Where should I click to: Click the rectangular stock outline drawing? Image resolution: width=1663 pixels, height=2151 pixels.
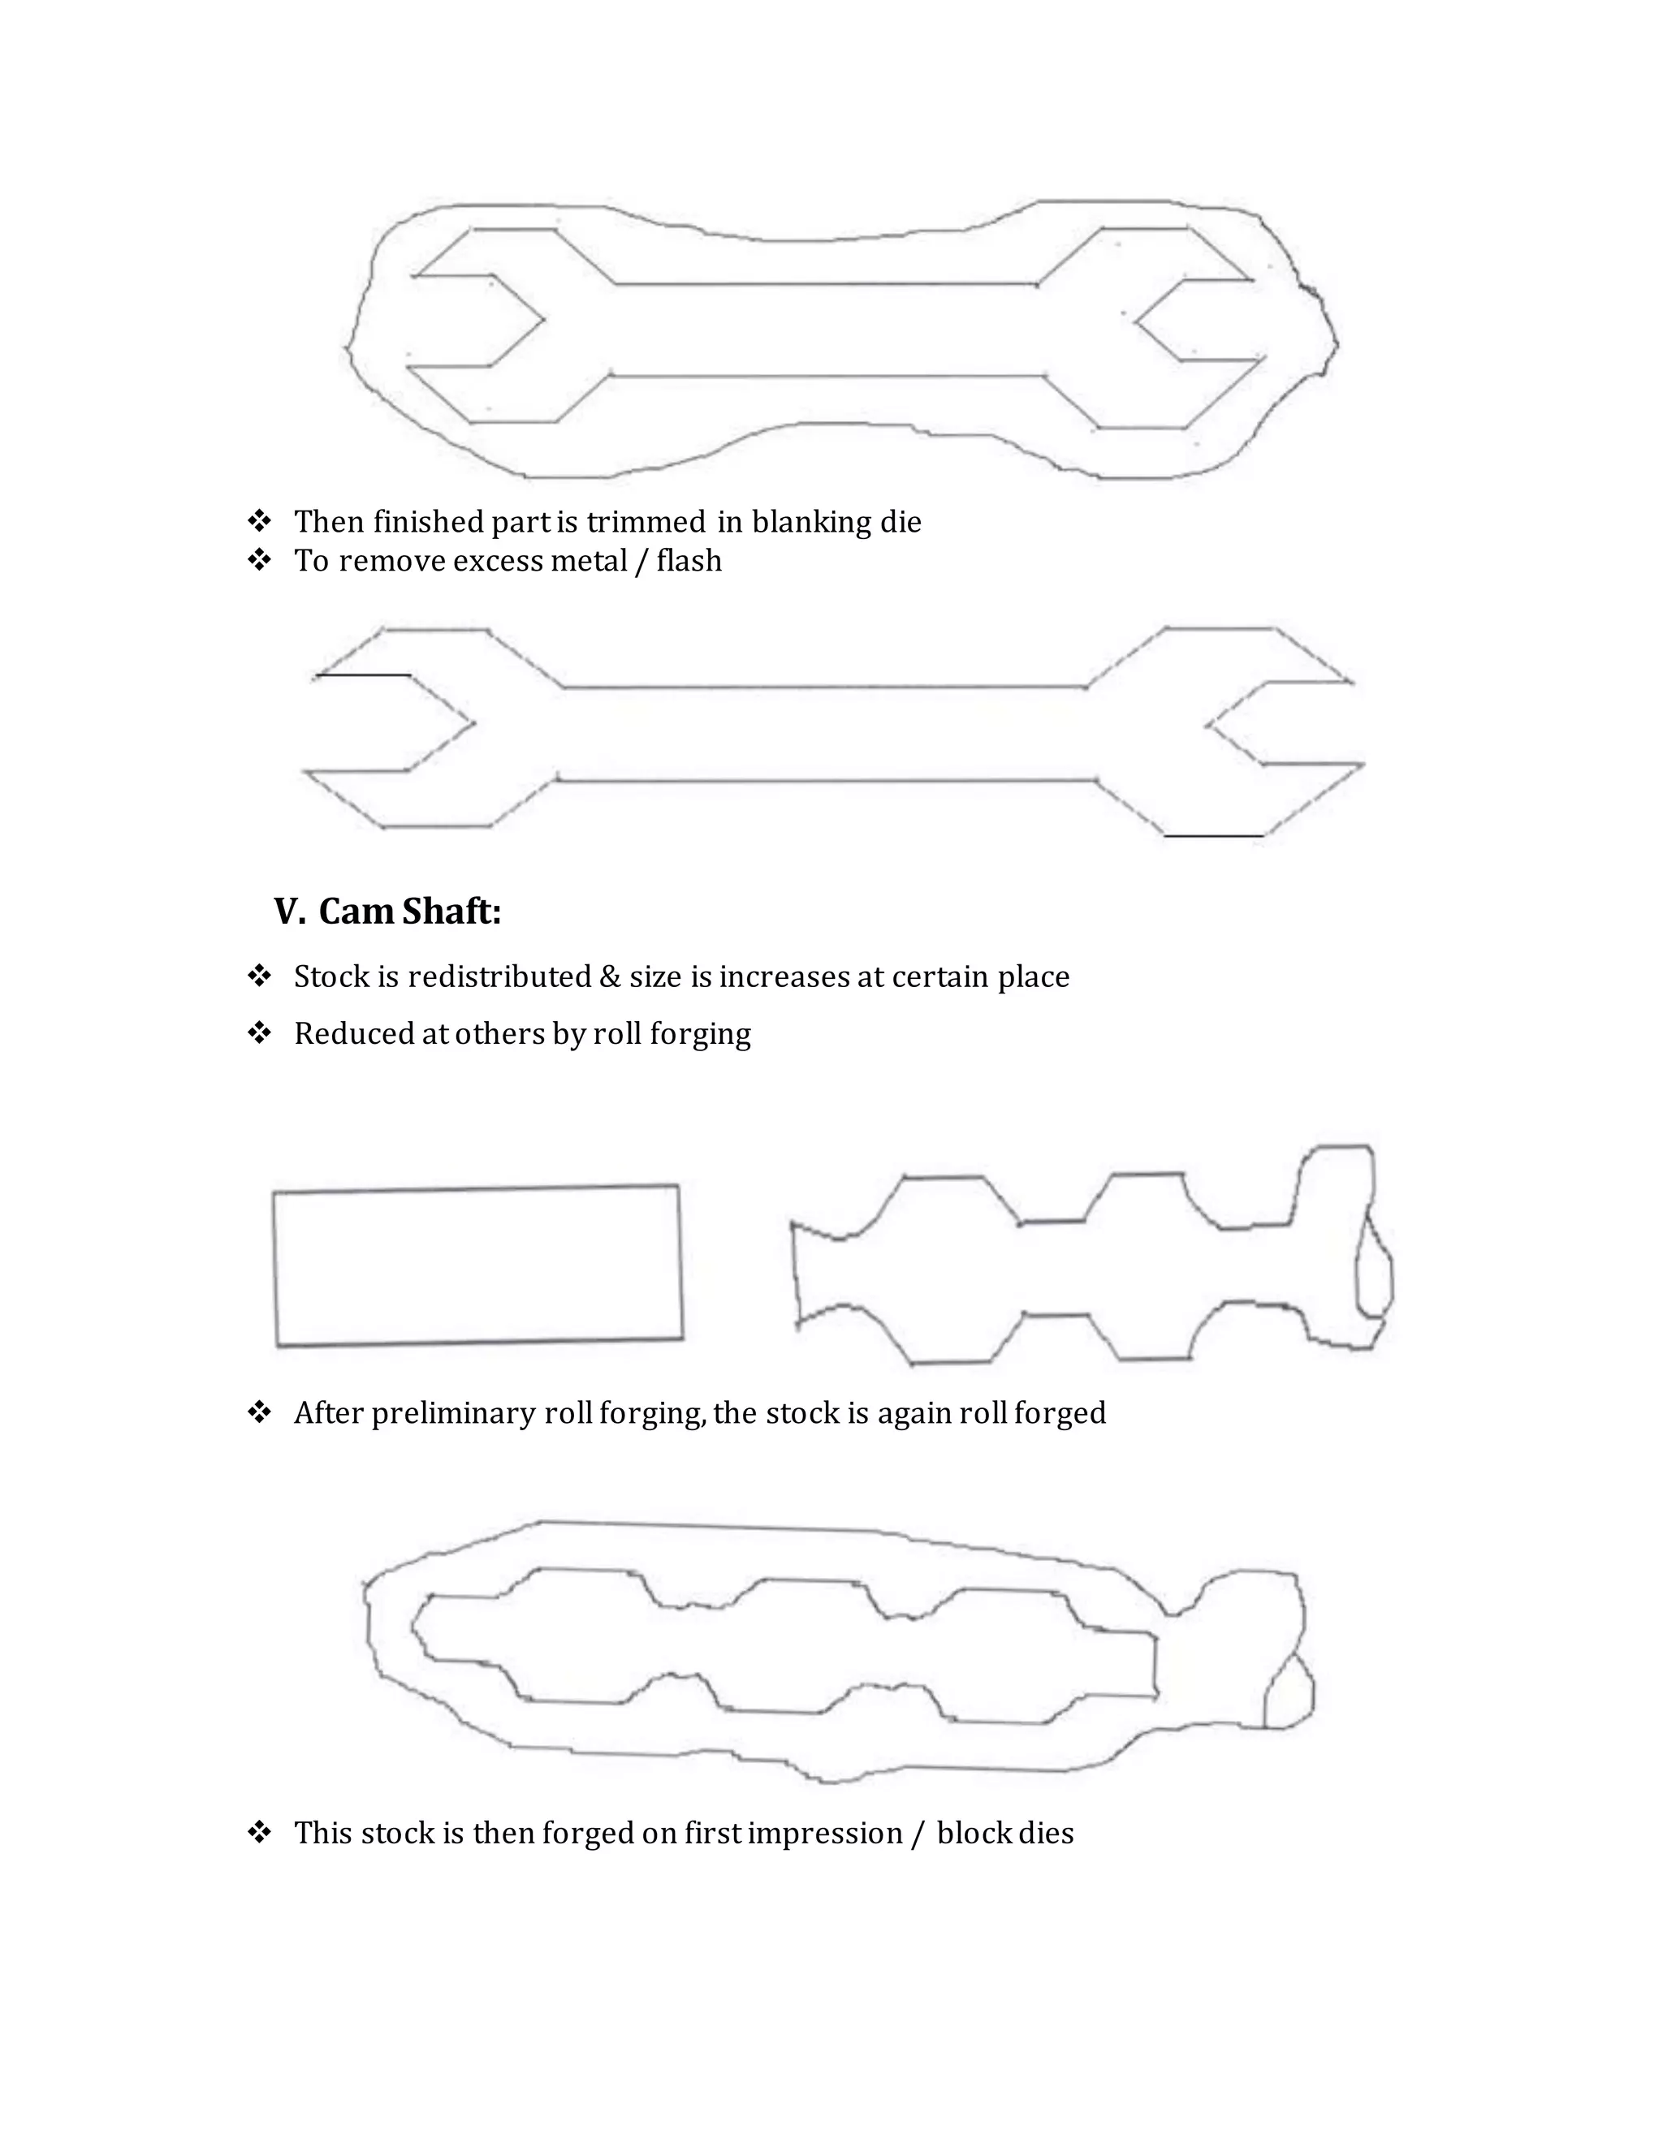tap(477, 1265)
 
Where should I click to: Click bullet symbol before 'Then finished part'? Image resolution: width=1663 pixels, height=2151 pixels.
tap(259, 520)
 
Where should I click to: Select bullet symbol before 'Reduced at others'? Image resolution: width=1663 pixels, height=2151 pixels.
tap(259, 1032)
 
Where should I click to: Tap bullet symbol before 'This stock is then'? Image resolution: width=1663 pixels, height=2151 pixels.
tap(259, 1832)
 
